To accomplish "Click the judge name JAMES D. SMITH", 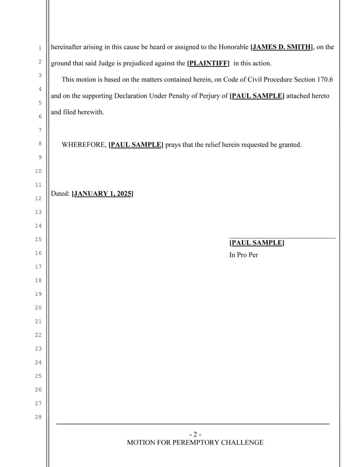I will click(282, 47).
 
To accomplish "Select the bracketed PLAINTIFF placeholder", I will click(208, 63).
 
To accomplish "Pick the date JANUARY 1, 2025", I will click(102, 194).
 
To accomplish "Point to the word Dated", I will click(60, 194).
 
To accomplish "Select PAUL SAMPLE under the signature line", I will click(256, 243).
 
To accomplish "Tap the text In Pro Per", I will click(243, 255).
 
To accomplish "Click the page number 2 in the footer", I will click(195, 434).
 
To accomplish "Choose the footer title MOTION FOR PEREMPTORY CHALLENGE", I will click(195, 443).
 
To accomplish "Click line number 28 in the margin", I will click(38, 417).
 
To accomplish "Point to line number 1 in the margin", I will click(40, 48).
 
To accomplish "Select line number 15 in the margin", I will click(38, 240).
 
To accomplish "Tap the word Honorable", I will click(233, 47).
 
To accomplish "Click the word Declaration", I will click(131, 96).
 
